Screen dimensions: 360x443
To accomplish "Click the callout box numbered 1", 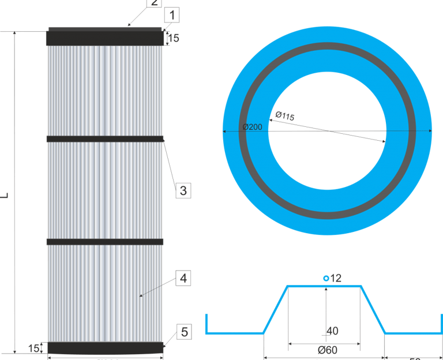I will (x=172, y=16).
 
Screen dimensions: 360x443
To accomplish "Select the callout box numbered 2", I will (x=153, y=2).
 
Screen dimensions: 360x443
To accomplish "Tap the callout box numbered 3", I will (x=183, y=190).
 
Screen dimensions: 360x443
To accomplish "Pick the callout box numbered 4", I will (x=183, y=279).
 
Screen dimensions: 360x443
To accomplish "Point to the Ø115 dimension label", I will (x=285, y=116).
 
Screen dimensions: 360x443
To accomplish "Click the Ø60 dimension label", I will (x=327, y=350).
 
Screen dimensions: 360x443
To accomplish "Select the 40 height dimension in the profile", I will (x=332, y=331).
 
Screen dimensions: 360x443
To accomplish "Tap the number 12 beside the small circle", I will (x=336, y=278).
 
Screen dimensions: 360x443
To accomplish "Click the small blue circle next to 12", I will (x=326, y=279).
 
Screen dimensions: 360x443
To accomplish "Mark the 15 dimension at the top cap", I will (x=174, y=39).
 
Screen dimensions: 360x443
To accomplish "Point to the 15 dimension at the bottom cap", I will (x=34, y=348).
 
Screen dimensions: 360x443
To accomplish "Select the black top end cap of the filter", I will (x=104, y=38).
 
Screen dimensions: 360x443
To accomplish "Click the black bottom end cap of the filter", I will (x=105, y=347).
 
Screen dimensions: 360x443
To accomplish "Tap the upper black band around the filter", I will (x=105, y=138).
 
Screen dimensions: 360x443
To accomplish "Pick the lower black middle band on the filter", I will (x=105, y=242).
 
